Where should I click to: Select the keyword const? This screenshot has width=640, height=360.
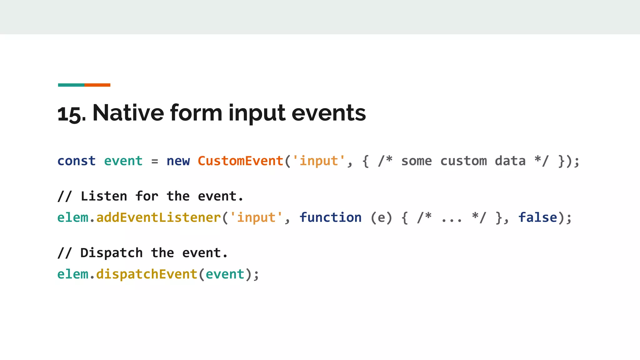[77, 161]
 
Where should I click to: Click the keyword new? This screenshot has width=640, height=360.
[178, 161]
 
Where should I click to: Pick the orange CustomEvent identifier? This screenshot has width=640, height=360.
[240, 161]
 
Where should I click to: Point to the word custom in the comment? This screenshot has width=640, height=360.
[463, 161]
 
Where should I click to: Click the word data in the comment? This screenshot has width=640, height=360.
[510, 161]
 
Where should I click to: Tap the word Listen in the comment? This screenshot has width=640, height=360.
[104, 196]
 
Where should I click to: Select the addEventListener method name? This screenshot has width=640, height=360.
[158, 217]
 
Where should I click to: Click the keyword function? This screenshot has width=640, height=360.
[330, 217]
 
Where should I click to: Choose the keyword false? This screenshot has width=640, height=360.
[537, 217]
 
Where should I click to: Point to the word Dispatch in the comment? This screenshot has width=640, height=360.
[112, 253]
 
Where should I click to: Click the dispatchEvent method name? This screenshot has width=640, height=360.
[147, 274]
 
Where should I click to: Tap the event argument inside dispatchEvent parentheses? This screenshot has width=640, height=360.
[225, 274]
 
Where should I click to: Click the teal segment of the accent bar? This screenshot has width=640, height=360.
[71, 85]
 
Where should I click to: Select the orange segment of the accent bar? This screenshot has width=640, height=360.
[97, 85]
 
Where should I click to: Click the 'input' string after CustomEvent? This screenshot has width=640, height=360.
[319, 161]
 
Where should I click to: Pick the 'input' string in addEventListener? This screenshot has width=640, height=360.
[256, 217]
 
